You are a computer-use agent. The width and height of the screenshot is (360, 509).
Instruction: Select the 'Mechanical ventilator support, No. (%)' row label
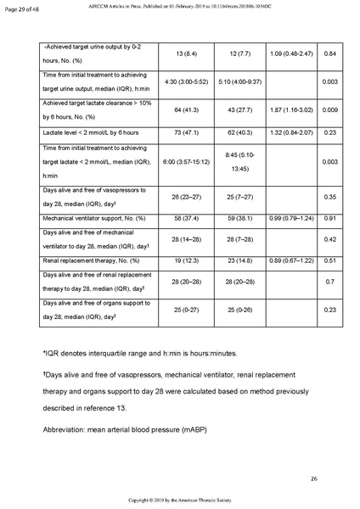pyautogui.click(x=94, y=218)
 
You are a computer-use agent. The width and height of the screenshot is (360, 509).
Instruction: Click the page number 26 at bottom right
pyautogui.click(x=313, y=480)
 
